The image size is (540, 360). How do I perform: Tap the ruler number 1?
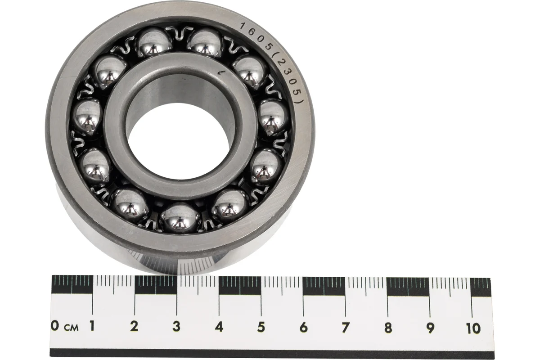[x=92, y=326]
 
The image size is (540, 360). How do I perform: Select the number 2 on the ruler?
[x=134, y=326]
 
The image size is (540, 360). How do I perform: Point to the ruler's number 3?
[x=176, y=327]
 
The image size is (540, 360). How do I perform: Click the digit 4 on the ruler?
[x=219, y=327]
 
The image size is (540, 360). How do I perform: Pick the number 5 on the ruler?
[x=261, y=327]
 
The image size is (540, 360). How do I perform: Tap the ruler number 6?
[x=303, y=328]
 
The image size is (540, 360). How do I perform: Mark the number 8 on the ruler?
[x=388, y=328]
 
